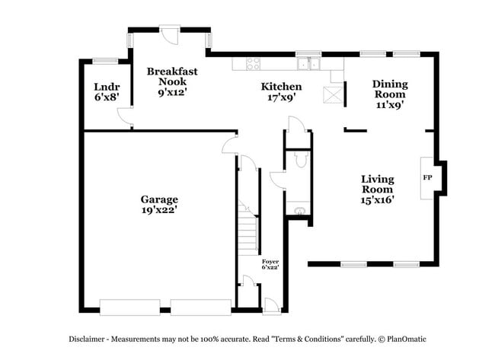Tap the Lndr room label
(107, 91)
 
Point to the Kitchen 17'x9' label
(281, 91)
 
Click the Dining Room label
(389, 94)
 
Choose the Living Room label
(377, 188)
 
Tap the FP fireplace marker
(427, 177)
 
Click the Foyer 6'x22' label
(270, 264)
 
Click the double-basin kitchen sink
(308, 64)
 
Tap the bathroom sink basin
(298, 210)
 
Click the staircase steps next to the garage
(245, 228)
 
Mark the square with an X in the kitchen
(333, 95)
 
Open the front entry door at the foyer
(270, 304)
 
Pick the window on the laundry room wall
(104, 59)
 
